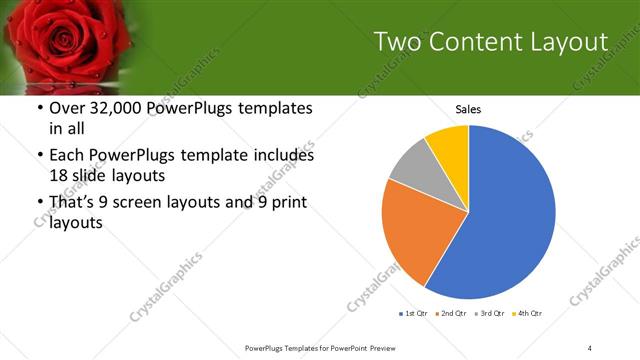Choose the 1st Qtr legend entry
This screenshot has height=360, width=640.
click(x=414, y=315)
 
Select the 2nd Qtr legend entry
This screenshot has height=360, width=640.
click(x=455, y=315)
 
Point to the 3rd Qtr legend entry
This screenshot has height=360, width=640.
click(x=495, y=315)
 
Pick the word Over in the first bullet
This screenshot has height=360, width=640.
click(x=68, y=109)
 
